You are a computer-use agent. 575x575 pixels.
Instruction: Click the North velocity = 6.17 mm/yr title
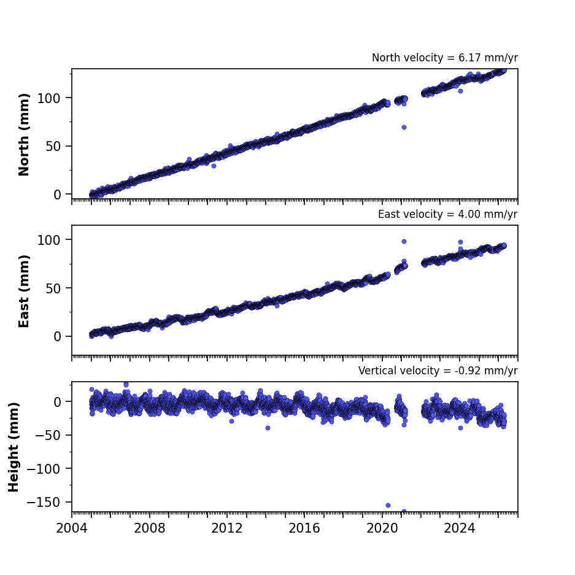445,58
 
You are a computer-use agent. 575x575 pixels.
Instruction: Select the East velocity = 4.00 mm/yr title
448,214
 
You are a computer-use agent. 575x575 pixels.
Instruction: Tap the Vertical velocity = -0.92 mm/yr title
438,371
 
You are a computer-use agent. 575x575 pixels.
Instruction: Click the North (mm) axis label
24,134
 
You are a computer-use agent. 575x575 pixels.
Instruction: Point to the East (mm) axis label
24,291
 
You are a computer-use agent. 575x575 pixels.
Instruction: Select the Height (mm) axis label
14,447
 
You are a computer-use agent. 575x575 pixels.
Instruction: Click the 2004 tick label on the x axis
72,528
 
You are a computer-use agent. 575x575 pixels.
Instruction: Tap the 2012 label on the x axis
227,528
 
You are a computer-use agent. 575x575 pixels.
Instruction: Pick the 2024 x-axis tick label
460,528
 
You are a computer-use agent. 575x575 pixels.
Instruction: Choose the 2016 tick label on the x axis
304,528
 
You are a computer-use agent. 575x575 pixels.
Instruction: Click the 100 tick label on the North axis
48,98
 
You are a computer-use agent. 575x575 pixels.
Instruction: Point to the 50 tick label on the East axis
53,288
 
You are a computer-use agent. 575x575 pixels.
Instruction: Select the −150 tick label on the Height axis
44,502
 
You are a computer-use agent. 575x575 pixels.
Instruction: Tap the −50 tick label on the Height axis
48,435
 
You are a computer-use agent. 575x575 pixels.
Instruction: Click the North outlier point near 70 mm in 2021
404,127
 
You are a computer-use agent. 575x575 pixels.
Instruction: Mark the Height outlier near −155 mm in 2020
388,505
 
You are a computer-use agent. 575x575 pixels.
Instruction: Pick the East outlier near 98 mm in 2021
404,242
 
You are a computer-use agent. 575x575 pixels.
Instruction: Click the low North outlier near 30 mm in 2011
214,166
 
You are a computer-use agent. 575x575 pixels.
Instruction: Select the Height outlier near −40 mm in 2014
268,428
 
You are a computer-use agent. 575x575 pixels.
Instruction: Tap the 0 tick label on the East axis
57,337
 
